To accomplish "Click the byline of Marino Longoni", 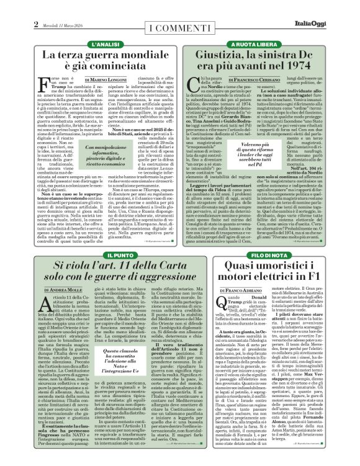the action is click(122, 97).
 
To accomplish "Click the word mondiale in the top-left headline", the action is click(144, 57).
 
